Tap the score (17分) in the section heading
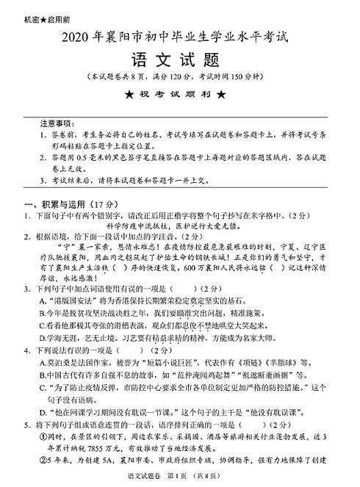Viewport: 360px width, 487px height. click(98, 203)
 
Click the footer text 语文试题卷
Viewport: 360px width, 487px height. click(144, 479)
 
